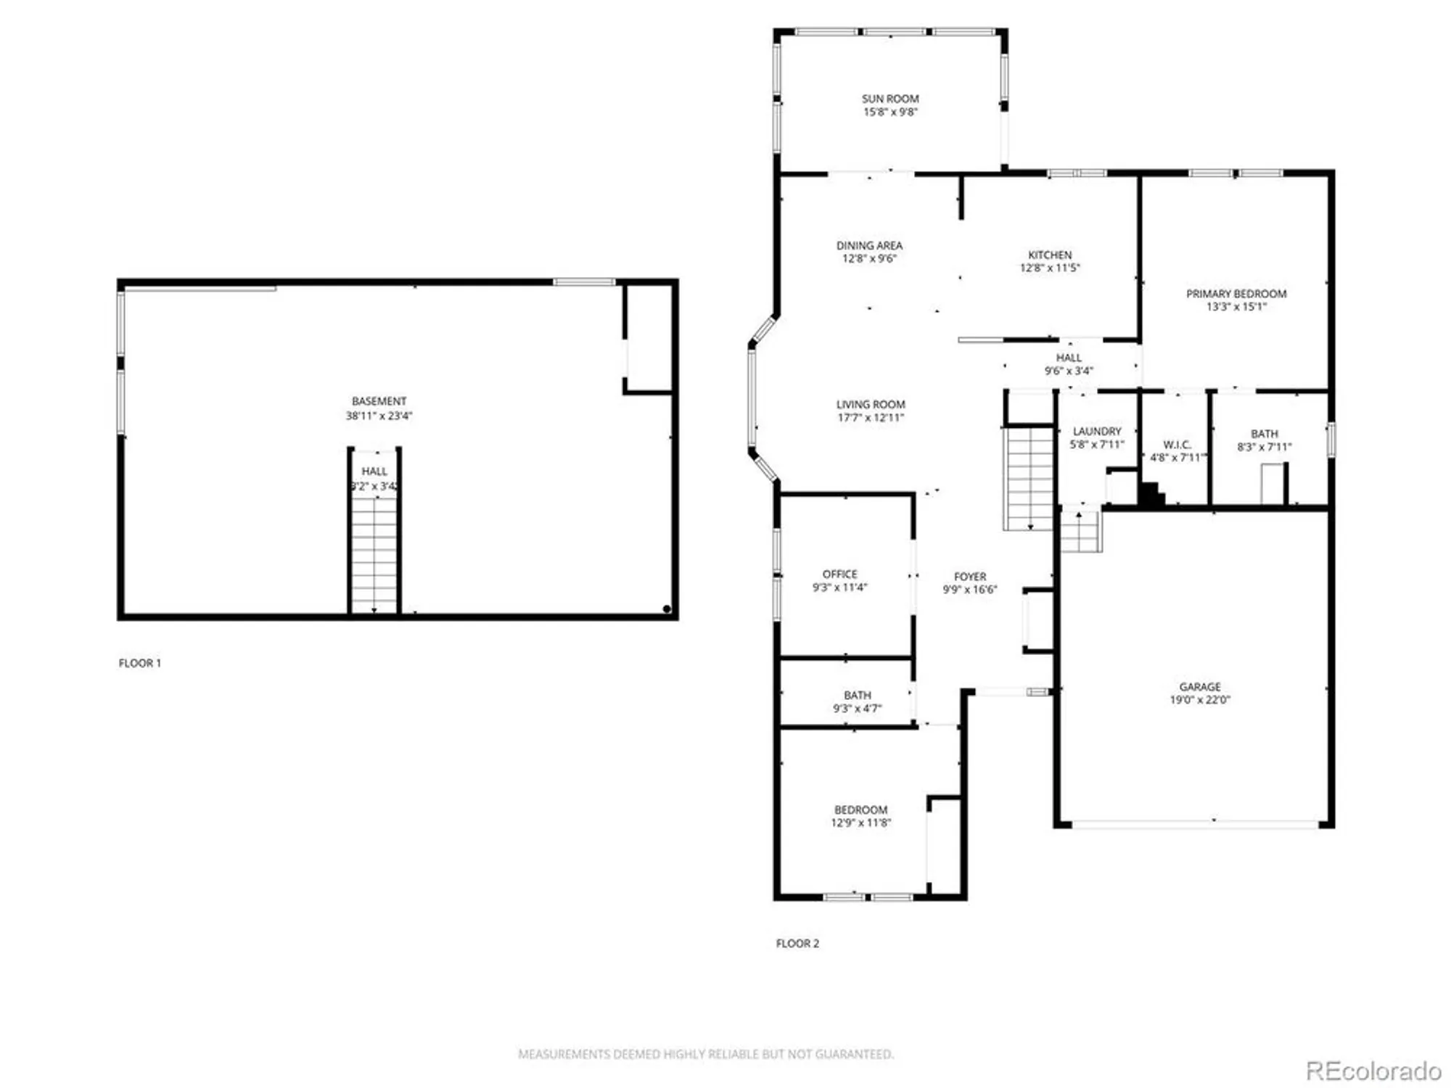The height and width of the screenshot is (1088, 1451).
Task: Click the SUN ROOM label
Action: [x=890, y=99]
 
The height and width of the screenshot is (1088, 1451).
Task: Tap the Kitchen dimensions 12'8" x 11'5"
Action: [x=1050, y=268]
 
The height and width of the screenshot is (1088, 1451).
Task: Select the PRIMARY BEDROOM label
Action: [x=1236, y=294]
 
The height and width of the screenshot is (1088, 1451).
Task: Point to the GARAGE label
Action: [x=1200, y=686]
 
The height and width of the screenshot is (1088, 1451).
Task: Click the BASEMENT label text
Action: [x=379, y=401]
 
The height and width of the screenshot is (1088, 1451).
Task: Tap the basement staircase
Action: [x=374, y=551]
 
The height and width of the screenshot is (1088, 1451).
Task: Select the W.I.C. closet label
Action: [x=1176, y=445]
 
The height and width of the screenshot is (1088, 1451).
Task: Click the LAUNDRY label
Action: [x=1097, y=432]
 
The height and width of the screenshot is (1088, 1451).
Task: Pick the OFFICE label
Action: [x=839, y=574]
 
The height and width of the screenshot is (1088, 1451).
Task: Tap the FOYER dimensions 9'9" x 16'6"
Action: [x=970, y=590]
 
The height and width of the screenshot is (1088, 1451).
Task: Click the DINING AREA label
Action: [x=869, y=246]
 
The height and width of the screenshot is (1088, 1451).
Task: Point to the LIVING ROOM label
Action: [x=871, y=405]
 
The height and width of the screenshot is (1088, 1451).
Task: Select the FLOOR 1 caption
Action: [x=140, y=663]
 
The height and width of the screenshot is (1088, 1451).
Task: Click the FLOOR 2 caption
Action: [x=797, y=943]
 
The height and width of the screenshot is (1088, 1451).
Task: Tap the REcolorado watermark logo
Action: [x=1373, y=1071]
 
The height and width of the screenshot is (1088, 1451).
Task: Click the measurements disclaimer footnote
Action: [x=706, y=1054]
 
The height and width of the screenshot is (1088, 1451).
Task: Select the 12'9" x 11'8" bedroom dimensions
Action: [x=860, y=823]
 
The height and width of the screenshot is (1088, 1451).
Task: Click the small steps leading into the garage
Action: [x=1081, y=531]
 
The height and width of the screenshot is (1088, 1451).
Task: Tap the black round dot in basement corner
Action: [x=667, y=609]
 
